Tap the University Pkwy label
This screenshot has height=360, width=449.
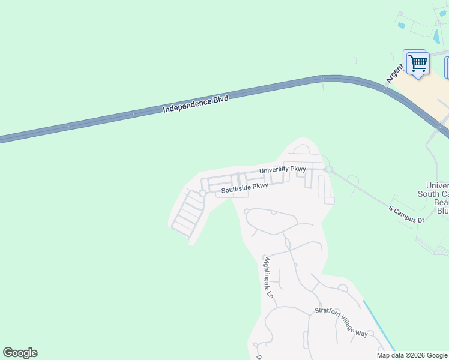point(283,170)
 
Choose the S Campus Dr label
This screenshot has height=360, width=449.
point(406,215)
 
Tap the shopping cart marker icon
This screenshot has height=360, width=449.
point(418,62)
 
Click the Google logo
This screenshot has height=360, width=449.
point(20,353)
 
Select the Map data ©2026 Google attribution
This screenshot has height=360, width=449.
point(412,355)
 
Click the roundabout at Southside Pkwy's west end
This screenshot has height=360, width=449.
point(203,193)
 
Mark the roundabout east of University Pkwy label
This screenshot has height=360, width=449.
point(329,170)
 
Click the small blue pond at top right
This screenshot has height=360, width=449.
point(401,25)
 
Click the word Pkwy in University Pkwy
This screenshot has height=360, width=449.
point(298,169)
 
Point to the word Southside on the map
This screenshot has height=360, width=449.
point(235,190)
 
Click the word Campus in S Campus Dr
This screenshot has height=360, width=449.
point(406,215)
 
